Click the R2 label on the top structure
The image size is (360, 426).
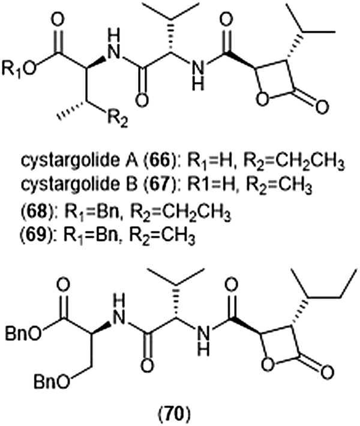pos(117,119)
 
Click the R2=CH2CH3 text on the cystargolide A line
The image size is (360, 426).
pos(293,163)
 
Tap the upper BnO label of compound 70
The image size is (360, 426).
pos(24,334)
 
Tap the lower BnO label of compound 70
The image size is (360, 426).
pos(52,383)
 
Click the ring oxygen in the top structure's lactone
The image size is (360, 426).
pos(262,101)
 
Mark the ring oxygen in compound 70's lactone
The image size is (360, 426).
pos(268,365)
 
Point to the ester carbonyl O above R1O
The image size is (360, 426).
pos(58,20)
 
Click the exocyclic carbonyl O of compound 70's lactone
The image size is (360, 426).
pos(326,371)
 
